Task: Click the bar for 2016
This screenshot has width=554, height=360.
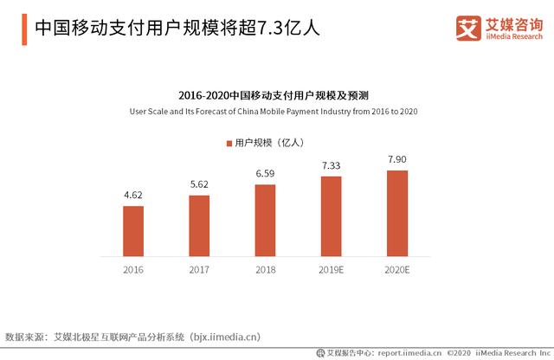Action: tap(133, 231)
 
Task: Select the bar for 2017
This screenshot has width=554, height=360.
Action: tap(199, 226)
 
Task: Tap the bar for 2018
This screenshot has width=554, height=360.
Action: tap(265, 221)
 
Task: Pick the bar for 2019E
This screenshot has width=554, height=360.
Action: tap(332, 216)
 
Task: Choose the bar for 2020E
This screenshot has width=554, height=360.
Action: tap(397, 213)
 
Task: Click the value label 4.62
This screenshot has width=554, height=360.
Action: tap(133, 196)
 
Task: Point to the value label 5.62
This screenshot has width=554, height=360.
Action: tap(199, 185)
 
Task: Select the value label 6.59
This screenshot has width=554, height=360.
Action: tap(265, 174)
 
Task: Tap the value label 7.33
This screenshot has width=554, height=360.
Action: tap(332, 165)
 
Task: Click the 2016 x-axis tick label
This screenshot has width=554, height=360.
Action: tap(133, 270)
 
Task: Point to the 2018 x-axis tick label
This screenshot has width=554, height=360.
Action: tap(265, 270)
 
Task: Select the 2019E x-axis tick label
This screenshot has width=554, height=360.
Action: tap(332, 270)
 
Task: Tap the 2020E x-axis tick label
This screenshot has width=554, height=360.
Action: tap(397, 270)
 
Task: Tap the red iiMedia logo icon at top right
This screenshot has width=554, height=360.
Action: tap(468, 29)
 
